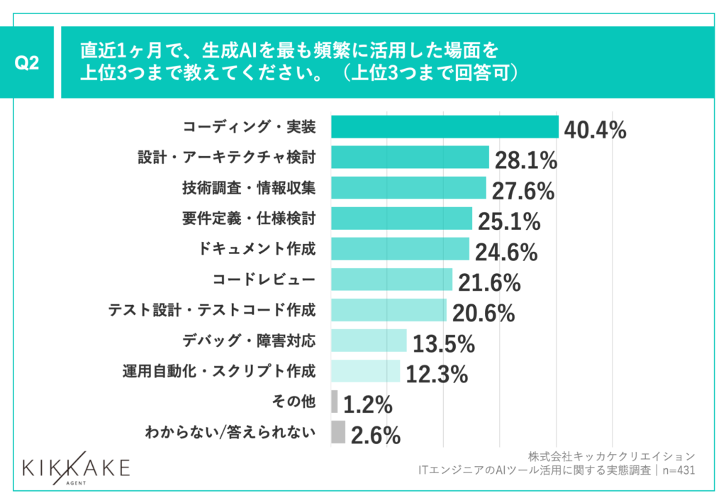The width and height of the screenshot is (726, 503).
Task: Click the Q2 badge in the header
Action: point(26,62)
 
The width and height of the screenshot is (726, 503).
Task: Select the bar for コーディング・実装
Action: point(445,127)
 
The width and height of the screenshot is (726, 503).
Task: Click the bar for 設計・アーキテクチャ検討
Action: point(410,157)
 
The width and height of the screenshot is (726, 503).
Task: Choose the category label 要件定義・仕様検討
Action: point(249,219)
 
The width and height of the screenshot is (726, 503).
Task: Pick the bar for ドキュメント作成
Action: point(400,249)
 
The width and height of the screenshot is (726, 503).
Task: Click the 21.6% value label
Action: point(488,282)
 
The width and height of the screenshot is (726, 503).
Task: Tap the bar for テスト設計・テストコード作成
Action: point(389,310)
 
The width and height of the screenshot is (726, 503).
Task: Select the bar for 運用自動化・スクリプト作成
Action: point(365,371)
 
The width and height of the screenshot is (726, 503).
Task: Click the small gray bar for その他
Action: point(334,402)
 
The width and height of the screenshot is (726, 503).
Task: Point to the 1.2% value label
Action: point(368,405)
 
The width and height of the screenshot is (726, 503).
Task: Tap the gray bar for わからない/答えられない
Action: point(337,432)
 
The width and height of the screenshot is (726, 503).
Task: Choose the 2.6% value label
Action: point(375,436)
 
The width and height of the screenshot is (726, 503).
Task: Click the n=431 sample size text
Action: point(676,470)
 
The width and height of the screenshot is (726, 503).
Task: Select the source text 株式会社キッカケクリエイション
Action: point(611,455)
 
